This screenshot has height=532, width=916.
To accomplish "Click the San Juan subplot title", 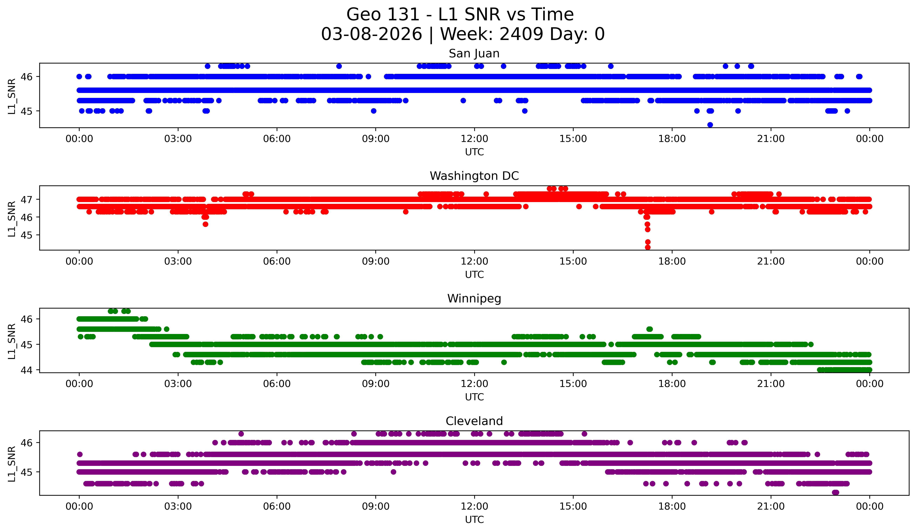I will tap(474, 53).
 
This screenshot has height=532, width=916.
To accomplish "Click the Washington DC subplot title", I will tap(474, 176).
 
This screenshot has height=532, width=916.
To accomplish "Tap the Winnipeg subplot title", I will tap(474, 299).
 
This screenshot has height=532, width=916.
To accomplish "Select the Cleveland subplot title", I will tap(474, 421).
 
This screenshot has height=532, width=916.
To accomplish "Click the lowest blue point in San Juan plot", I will tap(710, 125).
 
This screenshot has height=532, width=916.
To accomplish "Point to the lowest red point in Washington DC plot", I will tap(647, 247).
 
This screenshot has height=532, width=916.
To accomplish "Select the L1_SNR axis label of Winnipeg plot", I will tap(12, 341).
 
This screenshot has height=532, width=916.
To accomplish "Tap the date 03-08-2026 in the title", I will tap(371, 34).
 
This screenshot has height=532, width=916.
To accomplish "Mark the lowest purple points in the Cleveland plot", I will tap(835, 492).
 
